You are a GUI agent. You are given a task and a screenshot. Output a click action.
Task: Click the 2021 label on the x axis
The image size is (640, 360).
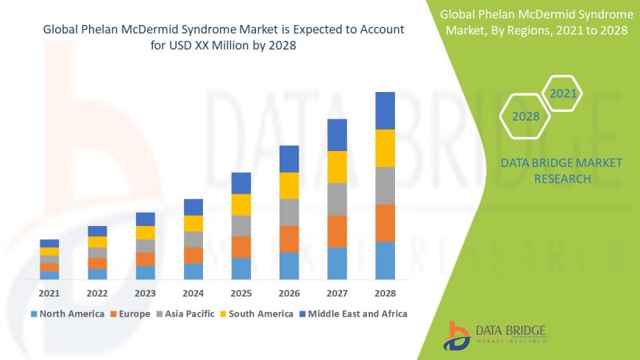coord(49,293)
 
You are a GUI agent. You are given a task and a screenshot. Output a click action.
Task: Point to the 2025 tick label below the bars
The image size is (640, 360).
coord(241,293)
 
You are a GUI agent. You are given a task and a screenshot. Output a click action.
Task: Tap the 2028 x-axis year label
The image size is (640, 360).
coord(385,293)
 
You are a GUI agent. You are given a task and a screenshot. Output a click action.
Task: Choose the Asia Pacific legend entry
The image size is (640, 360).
coord(185,314)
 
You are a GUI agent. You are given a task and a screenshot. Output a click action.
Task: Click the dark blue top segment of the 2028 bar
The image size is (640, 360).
coord(385,110)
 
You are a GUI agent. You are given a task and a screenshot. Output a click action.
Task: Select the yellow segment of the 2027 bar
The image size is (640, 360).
coord(337,166)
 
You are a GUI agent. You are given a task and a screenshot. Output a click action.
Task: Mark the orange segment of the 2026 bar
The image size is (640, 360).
coord(289,239)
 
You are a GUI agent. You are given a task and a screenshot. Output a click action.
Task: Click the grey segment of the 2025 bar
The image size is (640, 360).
coord(241,225)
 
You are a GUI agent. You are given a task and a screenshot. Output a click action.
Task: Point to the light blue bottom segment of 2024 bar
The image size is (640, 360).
coord(193,271)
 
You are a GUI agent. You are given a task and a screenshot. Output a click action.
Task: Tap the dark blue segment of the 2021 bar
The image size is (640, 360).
coord(49,243)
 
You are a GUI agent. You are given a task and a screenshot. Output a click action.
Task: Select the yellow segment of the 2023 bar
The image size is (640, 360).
coord(146,233)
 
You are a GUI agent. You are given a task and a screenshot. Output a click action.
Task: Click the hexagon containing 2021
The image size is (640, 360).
coord(563,93)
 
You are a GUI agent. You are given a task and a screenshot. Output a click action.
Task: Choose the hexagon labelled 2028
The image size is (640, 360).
coord(525,116)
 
